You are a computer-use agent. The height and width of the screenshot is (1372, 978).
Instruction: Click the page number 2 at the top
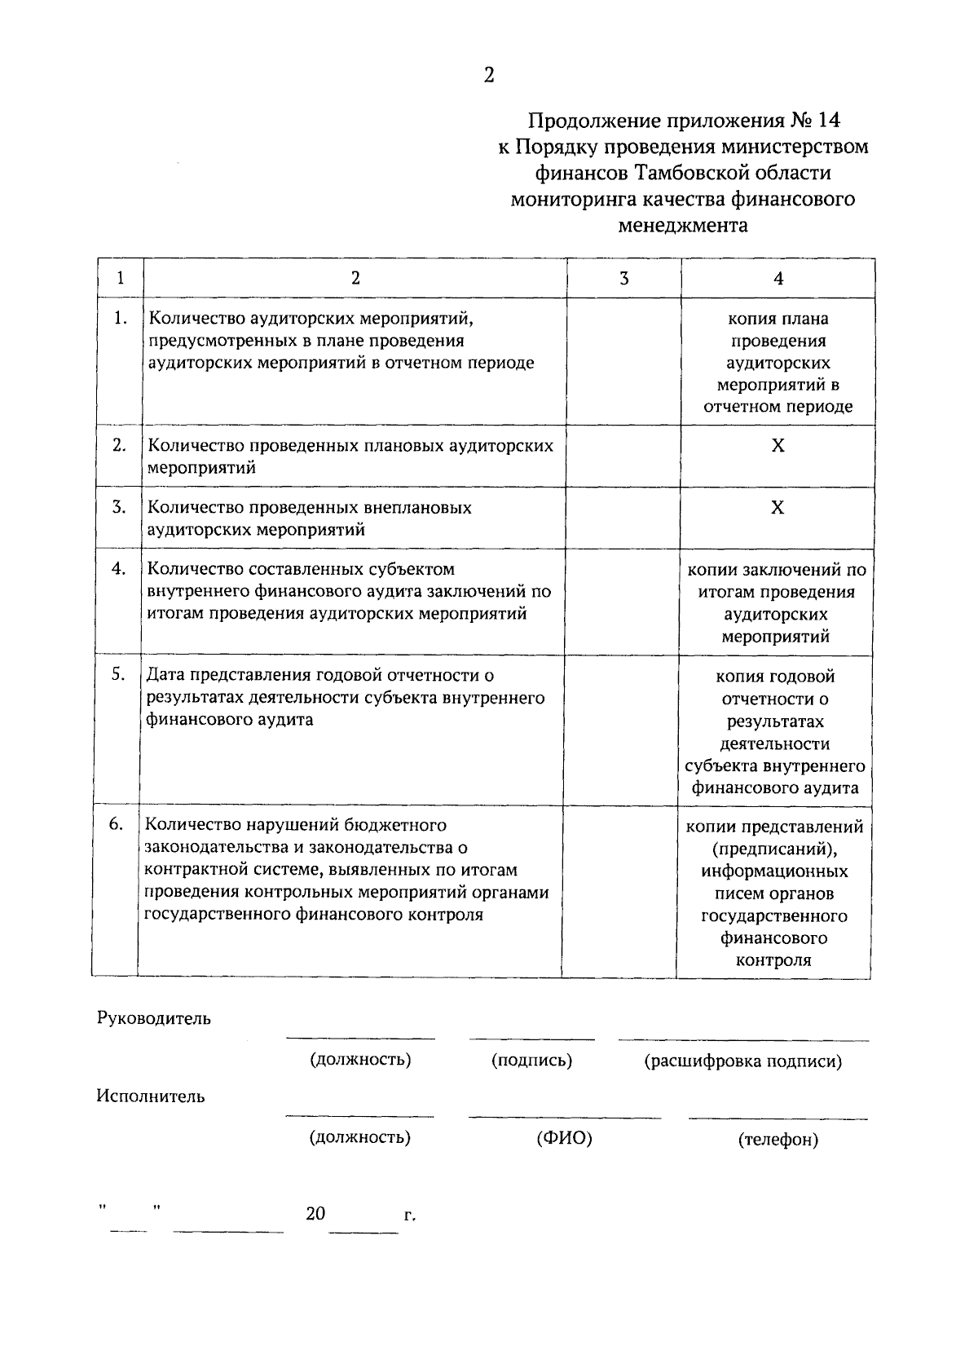(489, 76)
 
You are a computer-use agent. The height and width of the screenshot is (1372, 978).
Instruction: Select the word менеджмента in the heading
(683, 225)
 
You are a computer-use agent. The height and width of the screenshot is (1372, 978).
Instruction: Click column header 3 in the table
(623, 279)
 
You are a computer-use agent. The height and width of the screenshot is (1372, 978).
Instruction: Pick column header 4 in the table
(778, 279)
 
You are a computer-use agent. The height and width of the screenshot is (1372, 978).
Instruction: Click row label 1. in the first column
(120, 319)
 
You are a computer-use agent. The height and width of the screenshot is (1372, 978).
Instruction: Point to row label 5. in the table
(118, 675)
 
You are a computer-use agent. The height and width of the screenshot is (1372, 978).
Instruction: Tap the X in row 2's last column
(778, 446)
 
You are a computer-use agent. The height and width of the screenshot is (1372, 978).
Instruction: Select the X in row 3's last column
(778, 508)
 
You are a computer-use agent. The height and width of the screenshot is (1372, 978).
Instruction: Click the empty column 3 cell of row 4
(622, 602)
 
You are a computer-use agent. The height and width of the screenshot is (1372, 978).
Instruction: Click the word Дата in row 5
(166, 675)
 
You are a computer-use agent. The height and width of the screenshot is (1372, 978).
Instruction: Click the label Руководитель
(153, 1018)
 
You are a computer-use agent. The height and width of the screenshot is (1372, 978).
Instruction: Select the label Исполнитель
(151, 1096)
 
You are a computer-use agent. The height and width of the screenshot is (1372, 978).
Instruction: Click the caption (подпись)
(531, 1061)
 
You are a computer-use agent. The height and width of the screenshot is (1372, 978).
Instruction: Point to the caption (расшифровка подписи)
(742, 1061)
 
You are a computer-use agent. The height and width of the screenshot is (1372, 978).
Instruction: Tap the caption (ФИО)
(564, 1138)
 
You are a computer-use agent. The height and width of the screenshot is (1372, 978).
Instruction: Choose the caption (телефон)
(778, 1140)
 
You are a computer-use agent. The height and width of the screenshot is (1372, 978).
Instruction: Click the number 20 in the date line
(315, 1214)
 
